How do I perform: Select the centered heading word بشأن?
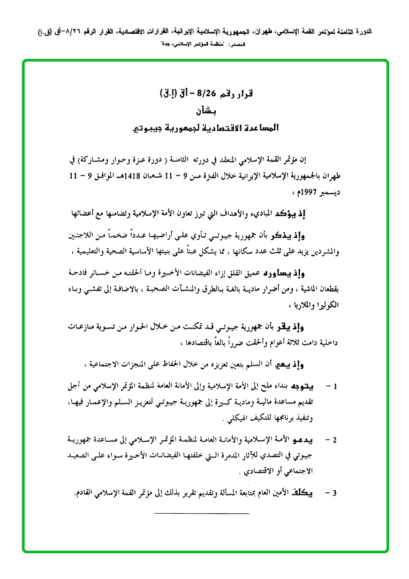coord(205,111)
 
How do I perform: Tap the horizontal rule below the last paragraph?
coord(201,514)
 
